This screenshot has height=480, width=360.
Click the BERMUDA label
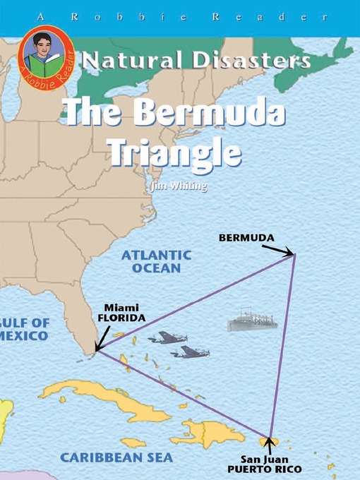(246, 238)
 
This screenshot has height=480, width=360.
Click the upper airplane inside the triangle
(167, 337)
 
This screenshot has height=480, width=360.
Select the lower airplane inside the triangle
(190, 352)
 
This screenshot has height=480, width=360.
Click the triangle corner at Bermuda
(295, 255)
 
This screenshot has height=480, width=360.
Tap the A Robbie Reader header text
(180, 14)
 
